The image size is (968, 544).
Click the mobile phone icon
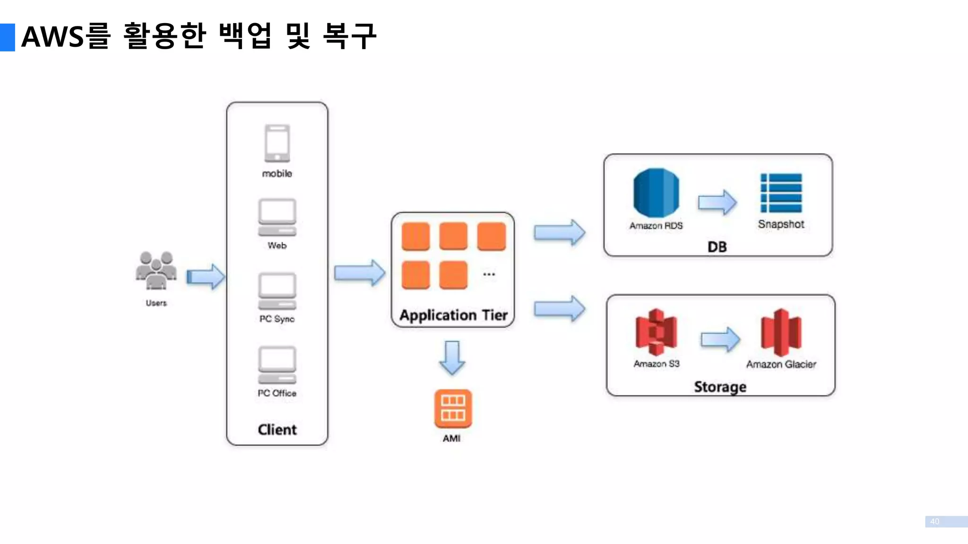point(277,143)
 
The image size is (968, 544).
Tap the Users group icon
point(156,271)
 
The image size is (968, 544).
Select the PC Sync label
point(277,319)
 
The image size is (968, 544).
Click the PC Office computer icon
point(277,365)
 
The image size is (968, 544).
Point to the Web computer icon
point(277,217)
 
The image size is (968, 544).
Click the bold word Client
point(277,429)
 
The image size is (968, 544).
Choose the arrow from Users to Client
point(206,276)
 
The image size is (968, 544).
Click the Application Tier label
point(453,315)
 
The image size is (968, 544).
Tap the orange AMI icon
point(453,408)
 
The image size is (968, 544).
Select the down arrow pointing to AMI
point(452,357)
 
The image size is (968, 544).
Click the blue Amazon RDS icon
point(656,193)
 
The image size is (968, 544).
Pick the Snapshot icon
point(781,193)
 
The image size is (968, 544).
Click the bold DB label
point(717,246)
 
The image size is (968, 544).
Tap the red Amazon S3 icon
point(656,332)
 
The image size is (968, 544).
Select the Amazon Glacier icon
point(781,332)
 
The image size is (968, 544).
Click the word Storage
point(720,387)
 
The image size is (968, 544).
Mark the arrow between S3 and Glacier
point(720,339)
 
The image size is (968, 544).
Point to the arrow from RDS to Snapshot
point(717,202)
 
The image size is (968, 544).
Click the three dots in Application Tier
point(489,274)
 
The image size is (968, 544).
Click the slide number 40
point(934,521)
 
